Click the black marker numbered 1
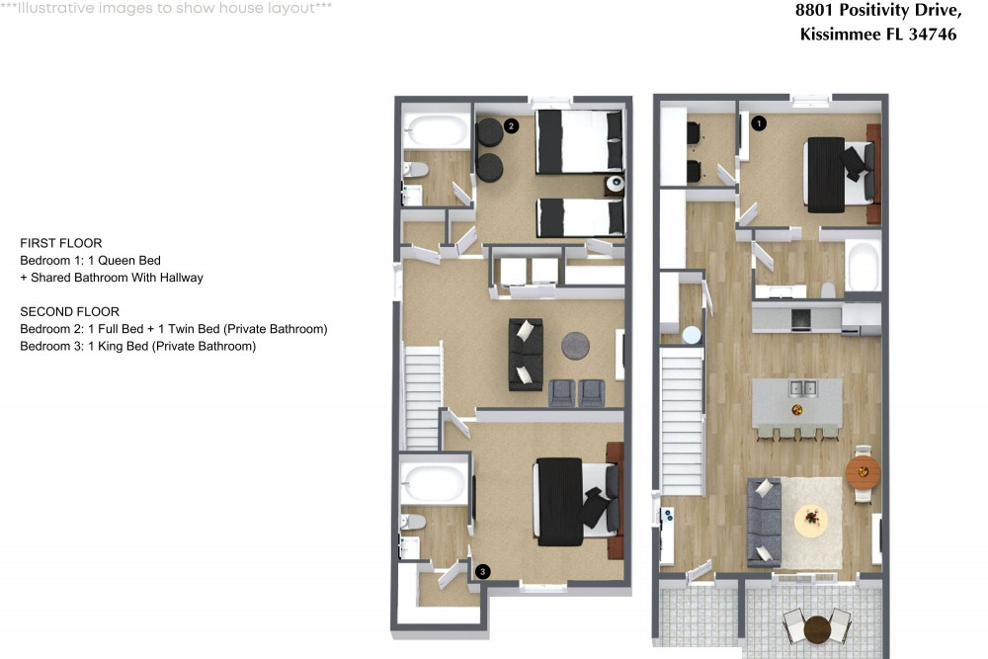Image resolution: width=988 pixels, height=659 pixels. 759,124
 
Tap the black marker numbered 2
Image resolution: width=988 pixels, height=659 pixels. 511,125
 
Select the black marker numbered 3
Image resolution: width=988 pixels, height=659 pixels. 482,571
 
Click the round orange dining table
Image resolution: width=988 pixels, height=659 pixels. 864,470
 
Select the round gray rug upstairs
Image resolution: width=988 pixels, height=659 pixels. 577,346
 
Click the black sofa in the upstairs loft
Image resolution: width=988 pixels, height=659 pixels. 525,353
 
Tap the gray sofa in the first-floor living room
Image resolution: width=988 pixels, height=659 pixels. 764,522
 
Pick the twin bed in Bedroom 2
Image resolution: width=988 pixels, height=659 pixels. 581,217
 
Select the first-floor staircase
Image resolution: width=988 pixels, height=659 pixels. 681,425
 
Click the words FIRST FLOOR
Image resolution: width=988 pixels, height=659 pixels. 61,243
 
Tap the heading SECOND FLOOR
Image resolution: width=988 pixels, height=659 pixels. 69,311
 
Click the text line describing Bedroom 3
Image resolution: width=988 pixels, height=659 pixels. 137,346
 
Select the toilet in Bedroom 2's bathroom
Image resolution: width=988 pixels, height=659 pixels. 415,169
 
